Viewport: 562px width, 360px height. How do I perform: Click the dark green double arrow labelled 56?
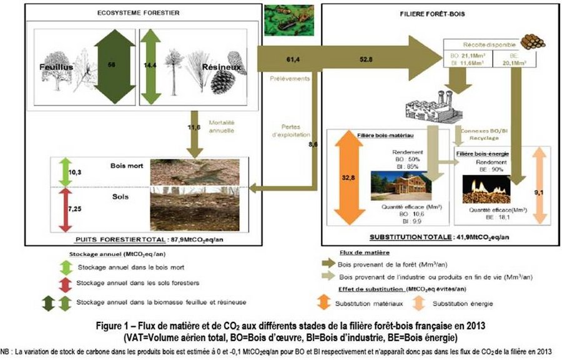click(111, 64)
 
